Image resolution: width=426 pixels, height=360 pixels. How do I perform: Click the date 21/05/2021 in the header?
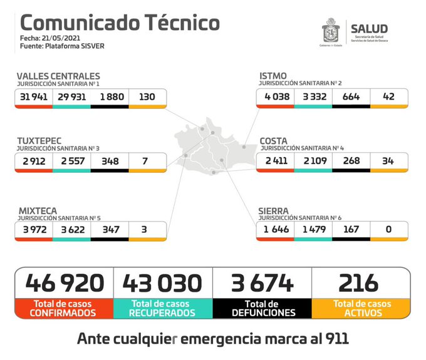click(x=61, y=38)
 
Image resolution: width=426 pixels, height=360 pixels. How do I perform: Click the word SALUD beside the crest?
click(x=369, y=29)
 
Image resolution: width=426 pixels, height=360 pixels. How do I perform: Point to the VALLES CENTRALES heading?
click(x=58, y=76)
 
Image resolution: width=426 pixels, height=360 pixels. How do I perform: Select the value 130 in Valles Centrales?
click(x=147, y=97)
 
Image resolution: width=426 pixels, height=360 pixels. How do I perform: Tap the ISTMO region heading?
click(x=273, y=76)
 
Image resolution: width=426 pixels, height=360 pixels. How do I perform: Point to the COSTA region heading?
click(x=274, y=141)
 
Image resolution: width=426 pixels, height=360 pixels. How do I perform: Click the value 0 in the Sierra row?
click(x=388, y=230)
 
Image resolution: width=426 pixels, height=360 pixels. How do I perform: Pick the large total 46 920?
click(x=65, y=283)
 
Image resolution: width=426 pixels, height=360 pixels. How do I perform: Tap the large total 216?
click(x=360, y=283)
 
